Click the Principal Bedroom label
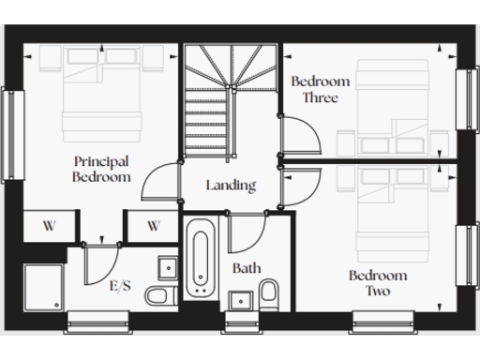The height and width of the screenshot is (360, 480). (102, 169)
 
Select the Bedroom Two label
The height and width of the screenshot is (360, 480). (378, 283)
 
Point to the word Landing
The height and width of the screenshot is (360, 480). (231, 185)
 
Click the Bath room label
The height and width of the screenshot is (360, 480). (247, 268)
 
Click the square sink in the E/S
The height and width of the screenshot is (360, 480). (168, 267)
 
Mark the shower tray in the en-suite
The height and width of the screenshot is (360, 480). (43, 286)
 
